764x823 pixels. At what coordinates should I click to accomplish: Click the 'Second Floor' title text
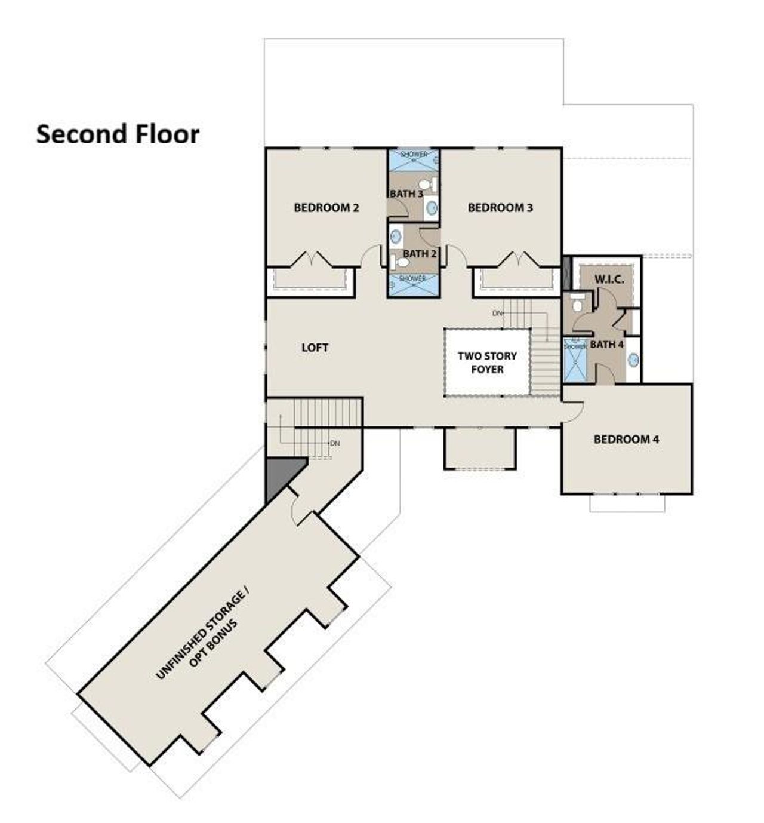click(118, 134)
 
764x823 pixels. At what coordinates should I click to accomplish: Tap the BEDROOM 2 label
click(326, 208)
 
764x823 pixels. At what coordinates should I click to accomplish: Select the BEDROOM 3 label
click(500, 208)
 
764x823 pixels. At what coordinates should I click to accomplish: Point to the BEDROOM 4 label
click(626, 439)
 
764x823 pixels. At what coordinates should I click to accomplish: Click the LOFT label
click(315, 348)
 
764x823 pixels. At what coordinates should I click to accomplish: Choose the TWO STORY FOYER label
click(487, 363)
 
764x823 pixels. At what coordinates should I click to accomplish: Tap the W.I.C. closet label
click(609, 280)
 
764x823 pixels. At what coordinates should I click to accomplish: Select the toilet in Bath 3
click(424, 184)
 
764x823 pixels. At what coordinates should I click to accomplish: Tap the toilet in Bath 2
click(395, 261)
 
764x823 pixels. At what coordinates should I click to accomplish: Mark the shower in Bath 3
click(414, 160)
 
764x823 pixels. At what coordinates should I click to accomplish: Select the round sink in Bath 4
click(633, 360)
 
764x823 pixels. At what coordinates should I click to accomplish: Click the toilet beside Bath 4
click(577, 305)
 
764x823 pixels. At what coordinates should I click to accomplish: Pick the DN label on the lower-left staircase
click(335, 443)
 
